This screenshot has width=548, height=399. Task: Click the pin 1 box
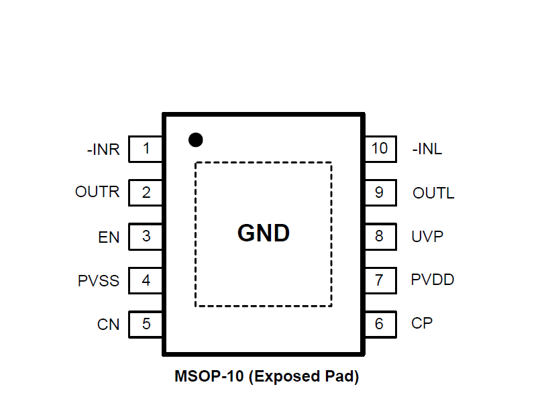(146, 148)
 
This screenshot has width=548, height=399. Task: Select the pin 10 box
(380, 148)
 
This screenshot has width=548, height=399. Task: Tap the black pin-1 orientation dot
(195, 139)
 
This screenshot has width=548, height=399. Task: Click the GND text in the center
(264, 233)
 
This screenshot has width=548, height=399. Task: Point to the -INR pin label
(103, 150)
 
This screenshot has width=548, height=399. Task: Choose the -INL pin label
(427, 150)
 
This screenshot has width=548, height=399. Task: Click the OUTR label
(97, 192)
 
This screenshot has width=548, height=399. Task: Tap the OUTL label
(433, 194)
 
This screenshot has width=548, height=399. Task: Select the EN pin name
(109, 237)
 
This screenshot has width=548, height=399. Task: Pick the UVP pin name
(427, 236)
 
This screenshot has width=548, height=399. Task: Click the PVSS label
(99, 281)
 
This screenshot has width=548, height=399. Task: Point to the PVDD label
(433, 280)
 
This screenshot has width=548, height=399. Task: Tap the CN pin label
(108, 325)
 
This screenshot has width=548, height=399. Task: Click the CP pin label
(422, 323)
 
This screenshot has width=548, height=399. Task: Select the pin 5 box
(146, 325)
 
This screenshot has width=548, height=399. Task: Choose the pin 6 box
(380, 325)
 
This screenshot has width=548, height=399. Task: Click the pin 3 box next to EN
(146, 237)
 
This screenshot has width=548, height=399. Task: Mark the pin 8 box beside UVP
(380, 237)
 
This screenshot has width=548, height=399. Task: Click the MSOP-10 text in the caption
(209, 377)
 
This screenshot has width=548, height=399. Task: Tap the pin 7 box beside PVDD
(380, 280)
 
